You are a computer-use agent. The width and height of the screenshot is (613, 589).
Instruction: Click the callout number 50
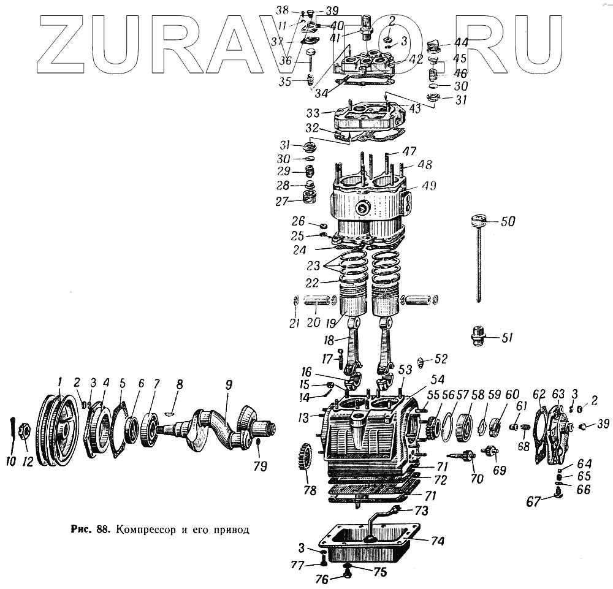click(508, 222)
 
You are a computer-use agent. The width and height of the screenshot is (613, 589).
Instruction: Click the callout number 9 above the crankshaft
click(229, 386)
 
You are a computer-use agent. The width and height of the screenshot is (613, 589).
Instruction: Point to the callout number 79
click(261, 466)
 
